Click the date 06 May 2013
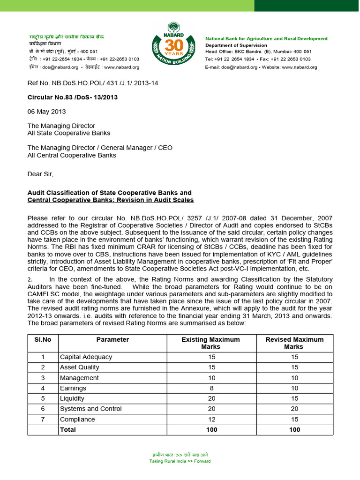click(x=47, y=112)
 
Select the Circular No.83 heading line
click(x=72, y=97)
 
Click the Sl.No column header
click(x=43, y=339)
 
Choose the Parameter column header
click(x=112, y=339)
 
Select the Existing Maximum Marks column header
click(x=210, y=343)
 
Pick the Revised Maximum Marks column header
click(x=294, y=343)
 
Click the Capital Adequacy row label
click(x=86, y=357)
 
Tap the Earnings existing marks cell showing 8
click(x=211, y=388)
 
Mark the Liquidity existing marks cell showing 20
click(x=211, y=398)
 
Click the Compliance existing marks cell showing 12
click(x=211, y=419)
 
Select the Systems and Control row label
click(x=91, y=409)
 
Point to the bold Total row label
click(x=68, y=429)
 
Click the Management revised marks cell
click(x=294, y=378)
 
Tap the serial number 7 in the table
click(x=43, y=419)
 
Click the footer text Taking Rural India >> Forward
click(x=180, y=461)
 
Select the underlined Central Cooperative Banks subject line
click(x=111, y=200)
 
